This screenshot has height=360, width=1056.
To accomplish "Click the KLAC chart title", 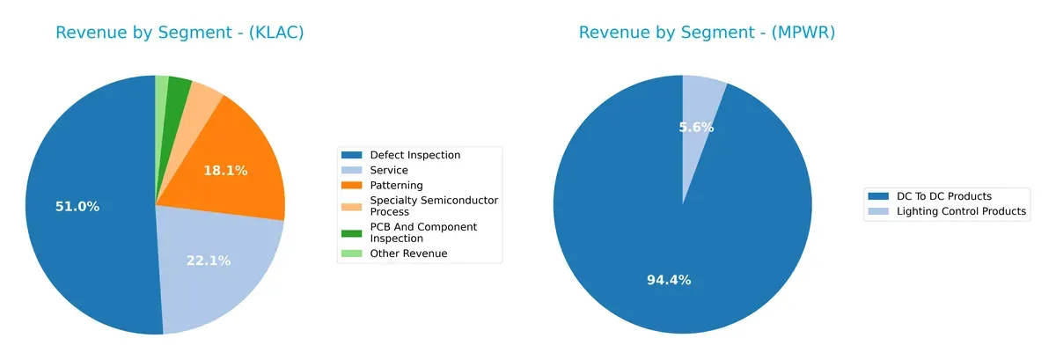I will coord(180,33).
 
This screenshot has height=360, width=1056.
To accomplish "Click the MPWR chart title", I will coord(707,33).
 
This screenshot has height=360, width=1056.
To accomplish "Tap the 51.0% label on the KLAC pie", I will coord(77,207).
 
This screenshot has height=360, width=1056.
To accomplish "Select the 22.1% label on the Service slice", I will coord(208,261).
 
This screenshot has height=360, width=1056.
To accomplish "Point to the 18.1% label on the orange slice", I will coord(225,171).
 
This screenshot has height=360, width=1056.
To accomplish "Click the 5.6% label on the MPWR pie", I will coord(696,128).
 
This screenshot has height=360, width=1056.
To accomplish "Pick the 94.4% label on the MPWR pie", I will coord(669,280).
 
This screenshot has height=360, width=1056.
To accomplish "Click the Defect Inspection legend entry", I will coord(414,155).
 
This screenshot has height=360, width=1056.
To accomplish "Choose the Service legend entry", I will coord(389,170).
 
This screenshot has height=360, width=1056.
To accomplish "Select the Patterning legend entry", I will coord(396,185).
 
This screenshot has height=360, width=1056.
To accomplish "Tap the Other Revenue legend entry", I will coord(408,253).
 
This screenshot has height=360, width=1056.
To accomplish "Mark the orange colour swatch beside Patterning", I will coord(352,186).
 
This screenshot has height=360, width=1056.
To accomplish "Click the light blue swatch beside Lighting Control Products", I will coord(878,211).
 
